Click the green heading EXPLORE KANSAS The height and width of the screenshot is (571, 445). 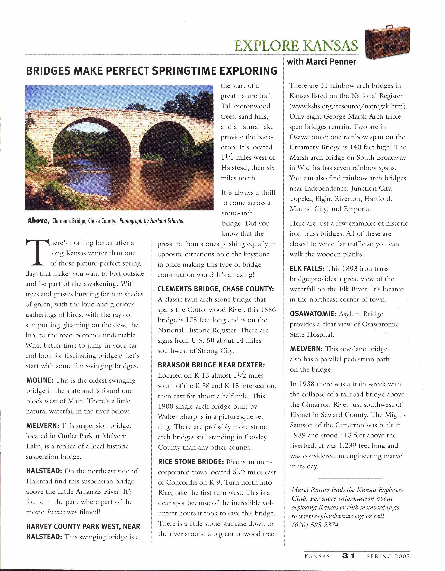click(x=296, y=46)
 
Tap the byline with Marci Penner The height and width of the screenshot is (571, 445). click(x=321, y=62)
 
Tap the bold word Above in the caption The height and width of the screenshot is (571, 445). click(x=38, y=221)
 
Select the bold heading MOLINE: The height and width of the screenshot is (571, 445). click(x=40, y=380)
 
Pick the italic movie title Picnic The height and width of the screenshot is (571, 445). click(x=56, y=512)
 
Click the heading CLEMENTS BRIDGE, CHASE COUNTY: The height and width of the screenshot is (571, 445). click(x=216, y=289)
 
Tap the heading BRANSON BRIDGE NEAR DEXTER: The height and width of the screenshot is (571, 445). click(x=211, y=365)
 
